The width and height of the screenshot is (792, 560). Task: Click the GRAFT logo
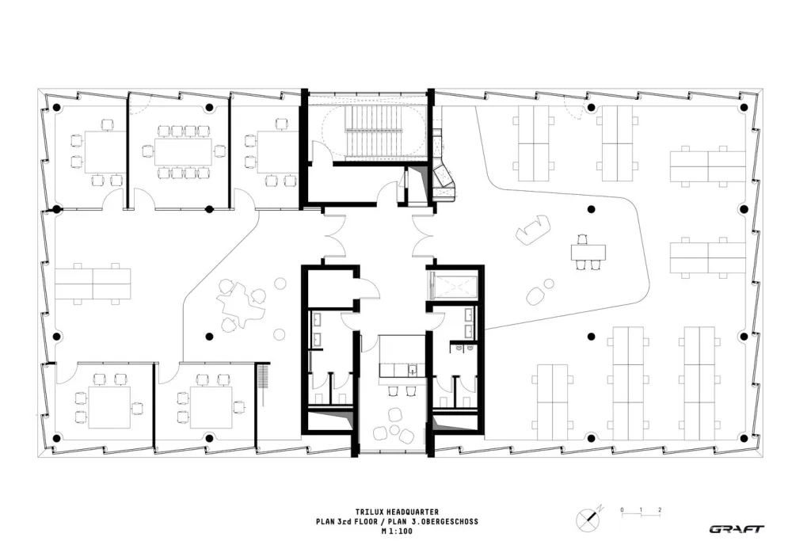click(737, 529)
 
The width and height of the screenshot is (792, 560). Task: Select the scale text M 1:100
click(395, 531)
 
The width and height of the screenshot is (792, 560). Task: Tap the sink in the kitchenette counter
click(412, 369)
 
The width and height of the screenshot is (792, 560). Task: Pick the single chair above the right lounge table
click(584, 238)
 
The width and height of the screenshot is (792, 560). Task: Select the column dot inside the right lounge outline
click(590, 209)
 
